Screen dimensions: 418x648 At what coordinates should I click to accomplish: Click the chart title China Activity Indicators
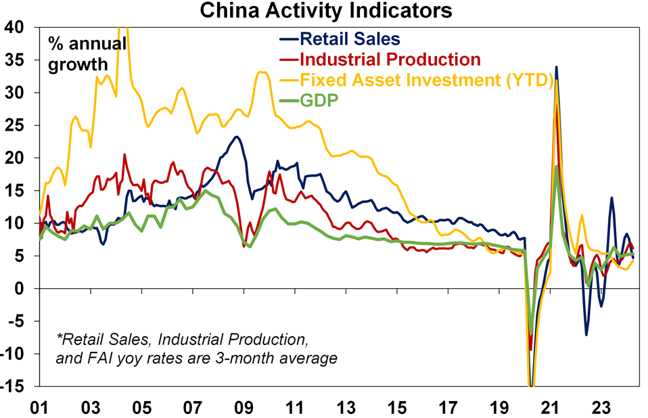tap(323, 11)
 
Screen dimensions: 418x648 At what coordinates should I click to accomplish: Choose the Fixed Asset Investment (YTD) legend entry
tap(427, 80)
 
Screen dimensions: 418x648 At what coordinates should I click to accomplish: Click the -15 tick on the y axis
tap(15, 386)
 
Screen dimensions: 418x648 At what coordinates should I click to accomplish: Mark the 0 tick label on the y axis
tap(22, 289)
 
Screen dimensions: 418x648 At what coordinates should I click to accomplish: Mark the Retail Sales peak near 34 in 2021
tap(556, 67)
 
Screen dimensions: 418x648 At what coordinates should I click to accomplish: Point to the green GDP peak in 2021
tap(556, 166)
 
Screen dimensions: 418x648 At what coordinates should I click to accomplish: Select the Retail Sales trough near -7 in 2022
tap(586, 334)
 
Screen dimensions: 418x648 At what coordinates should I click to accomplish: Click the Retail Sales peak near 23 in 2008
tap(236, 137)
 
